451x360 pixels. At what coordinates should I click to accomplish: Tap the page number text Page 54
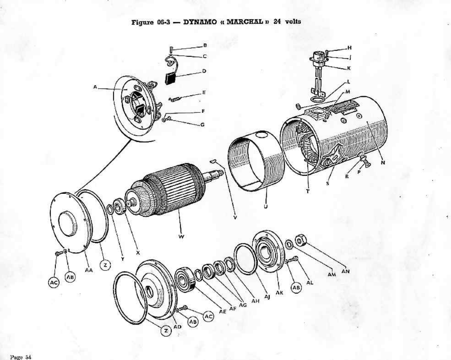click(x=21, y=357)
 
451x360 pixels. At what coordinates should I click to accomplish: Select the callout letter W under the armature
click(x=181, y=237)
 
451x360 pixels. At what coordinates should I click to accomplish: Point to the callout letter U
click(x=266, y=206)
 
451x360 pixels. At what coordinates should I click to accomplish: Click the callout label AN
click(x=345, y=271)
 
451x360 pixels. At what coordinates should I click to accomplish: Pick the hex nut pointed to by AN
click(x=300, y=240)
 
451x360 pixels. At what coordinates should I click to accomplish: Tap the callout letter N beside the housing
click(x=383, y=163)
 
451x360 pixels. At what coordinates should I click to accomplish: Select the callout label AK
click(x=279, y=293)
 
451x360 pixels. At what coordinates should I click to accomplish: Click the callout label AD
click(x=177, y=327)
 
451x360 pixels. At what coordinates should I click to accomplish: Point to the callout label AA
click(x=89, y=270)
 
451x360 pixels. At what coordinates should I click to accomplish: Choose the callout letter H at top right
click(x=349, y=48)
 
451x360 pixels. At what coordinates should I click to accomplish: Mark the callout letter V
click(x=235, y=218)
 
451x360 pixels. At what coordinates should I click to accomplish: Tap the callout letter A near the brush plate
click(x=95, y=87)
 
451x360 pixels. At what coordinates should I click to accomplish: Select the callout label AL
click(x=310, y=282)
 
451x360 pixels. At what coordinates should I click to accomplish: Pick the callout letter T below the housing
click(x=307, y=191)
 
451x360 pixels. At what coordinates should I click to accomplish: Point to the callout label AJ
click(x=267, y=297)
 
